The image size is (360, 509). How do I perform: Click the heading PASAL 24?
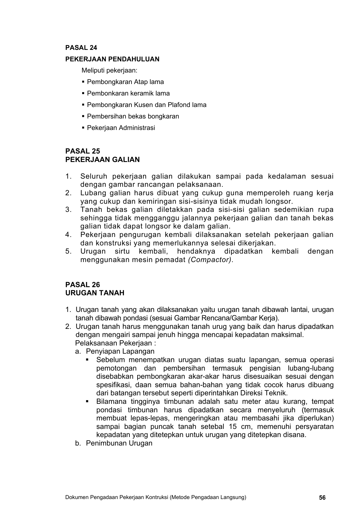pyautogui.click(x=81, y=48)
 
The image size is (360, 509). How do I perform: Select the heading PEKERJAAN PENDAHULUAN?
pyautogui.click(x=112, y=59)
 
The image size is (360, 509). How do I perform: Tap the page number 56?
pyautogui.click(x=322, y=498)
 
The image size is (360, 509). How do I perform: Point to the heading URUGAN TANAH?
pyautogui.click(x=95, y=293)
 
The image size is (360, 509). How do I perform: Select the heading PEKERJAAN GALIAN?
pyautogui.click(x=102, y=160)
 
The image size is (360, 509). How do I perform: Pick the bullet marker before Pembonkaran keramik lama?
pyautogui.click(x=83, y=93)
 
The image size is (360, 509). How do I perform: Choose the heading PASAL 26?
pyautogui.click(x=83, y=285)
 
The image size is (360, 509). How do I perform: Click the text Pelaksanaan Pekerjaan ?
pyautogui.click(x=115, y=343)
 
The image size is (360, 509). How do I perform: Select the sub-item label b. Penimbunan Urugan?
pyautogui.click(x=114, y=443)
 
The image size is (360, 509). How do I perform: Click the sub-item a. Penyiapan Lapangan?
pyautogui.click(x=115, y=352)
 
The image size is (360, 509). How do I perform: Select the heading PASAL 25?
pyautogui.click(x=83, y=151)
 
